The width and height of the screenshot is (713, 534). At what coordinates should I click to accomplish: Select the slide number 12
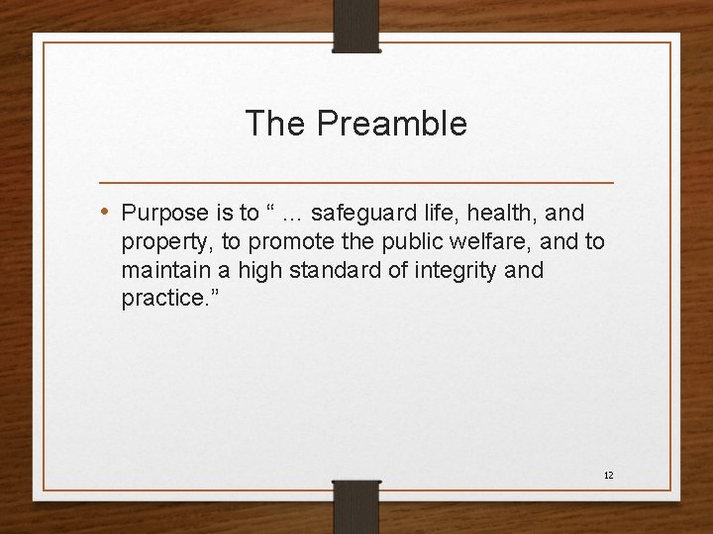pos(608,476)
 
